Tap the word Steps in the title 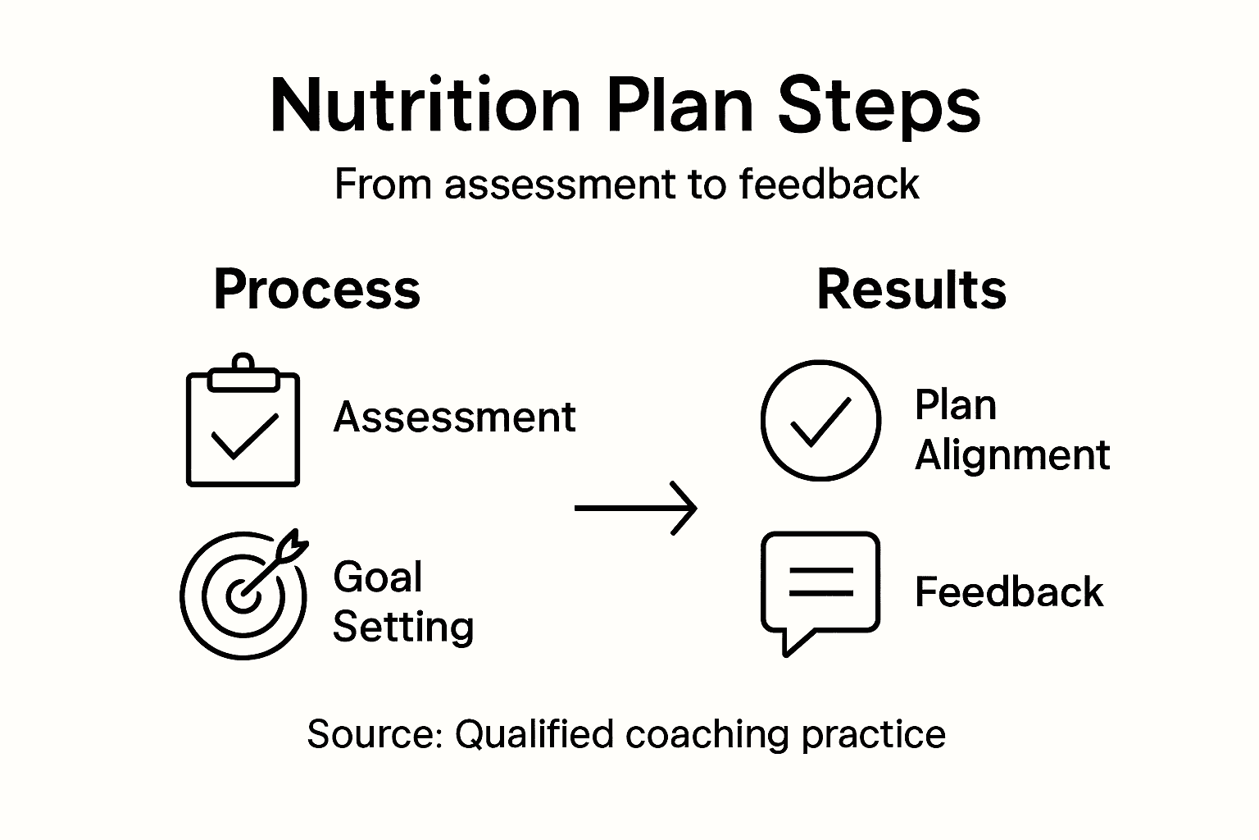point(879,107)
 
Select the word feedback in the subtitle point(828,184)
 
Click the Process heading point(316,290)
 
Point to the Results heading point(911,290)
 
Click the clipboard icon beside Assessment point(243,427)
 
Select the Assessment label point(454,417)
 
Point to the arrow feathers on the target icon point(293,544)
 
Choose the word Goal point(378,577)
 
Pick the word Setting point(403,627)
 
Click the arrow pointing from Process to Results point(636,509)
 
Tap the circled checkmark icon point(820,420)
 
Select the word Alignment point(1012,454)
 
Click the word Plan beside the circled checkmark point(956,404)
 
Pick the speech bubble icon point(820,587)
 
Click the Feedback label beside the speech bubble point(1009,592)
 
